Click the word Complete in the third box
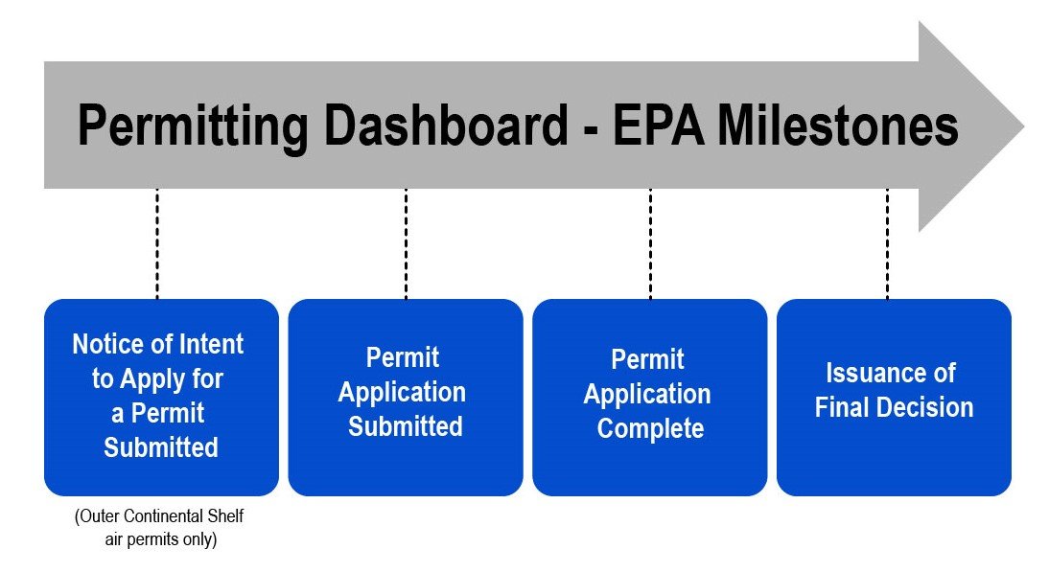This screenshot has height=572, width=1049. click(650, 428)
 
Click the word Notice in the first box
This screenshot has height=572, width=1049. click(107, 344)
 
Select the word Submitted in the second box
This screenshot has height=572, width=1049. click(406, 426)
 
